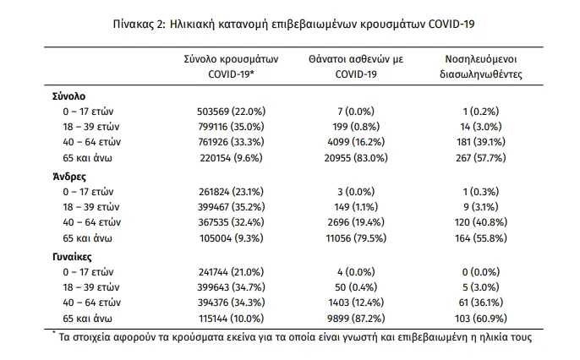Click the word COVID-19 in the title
pyautogui.click(x=451, y=25)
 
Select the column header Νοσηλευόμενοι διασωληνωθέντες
pyautogui.click(x=481, y=67)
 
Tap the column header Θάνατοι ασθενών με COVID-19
pyautogui.click(x=356, y=67)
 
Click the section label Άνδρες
pyautogui.click(x=69, y=177)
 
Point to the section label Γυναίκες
pyautogui.click(x=72, y=257)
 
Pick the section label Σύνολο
pyautogui.click(x=68, y=96)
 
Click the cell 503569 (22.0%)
pyautogui.click(x=231, y=112)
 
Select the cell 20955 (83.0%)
pyautogui.click(x=356, y=158)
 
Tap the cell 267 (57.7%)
pyautogui.click(x=481, y=158)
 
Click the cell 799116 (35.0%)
pyautogui.click(x=231, y=127)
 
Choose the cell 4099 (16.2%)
pyautogui.click(x=356, y=142)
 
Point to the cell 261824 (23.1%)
pyautogui.click(x=231, y=192)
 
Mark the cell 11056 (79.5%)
pyautogui.click(x=356, y=238)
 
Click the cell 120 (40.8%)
pyautogui.click(x=481, y=222)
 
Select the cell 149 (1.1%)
pyautogui.click(x=356, y=207)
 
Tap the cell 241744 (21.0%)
pyautogui.click(x=231, y=272)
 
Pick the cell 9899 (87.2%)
pyautogui.click(x=356, y=319)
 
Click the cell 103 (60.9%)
pyautogui.click(x=481, y=319)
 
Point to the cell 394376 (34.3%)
pyautogui.click(x=231, y=303)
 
